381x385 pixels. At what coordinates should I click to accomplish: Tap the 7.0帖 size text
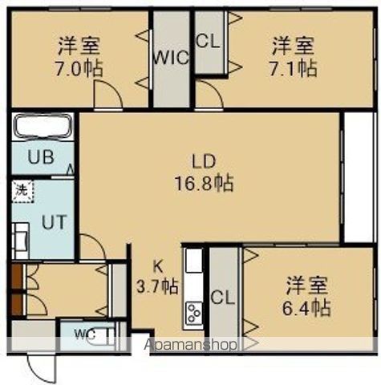click(x=79, y=67)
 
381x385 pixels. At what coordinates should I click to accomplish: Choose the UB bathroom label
click(x=42, y=156)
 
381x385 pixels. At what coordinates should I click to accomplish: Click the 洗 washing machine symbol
click(x=20, y=191)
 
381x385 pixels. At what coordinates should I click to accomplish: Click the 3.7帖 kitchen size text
click(x=159, y=286)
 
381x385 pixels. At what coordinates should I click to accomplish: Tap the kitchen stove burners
click(x=194, y=314)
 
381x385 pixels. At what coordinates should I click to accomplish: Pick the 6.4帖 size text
click(x=308, y=307)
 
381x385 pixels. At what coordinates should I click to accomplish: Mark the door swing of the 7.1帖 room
click(x=210, y=98)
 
